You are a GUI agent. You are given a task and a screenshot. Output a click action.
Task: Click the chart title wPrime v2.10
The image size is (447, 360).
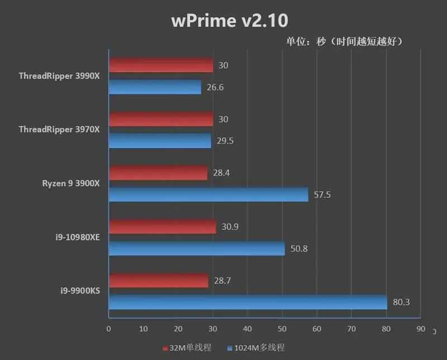tap(230, 21)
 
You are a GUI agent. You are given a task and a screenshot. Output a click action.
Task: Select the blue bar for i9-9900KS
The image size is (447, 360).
tap(248, 302)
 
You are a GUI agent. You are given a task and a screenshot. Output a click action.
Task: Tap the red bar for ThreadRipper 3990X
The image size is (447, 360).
tap(161, 65)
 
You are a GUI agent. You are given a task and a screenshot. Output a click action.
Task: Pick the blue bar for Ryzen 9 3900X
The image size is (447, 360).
tap(208, 194)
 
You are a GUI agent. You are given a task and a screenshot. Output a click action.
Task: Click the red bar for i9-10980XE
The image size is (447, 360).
tap(162, 227)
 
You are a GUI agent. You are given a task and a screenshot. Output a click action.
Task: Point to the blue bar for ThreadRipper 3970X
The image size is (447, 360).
tap(160, 141)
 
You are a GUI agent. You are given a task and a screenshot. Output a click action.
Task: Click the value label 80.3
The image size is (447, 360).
tap(402, 302)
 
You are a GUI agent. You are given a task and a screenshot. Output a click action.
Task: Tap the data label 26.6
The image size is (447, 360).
tap(215, 87)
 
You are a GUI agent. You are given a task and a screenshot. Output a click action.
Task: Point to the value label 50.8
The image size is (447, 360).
tap(299, 248)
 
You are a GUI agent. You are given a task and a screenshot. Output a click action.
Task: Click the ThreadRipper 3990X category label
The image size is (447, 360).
tap(59, 76)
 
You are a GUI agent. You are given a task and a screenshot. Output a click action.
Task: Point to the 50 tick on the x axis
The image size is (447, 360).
tap(282, 329)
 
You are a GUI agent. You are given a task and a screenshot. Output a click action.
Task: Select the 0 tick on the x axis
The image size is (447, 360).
tap(108, 329)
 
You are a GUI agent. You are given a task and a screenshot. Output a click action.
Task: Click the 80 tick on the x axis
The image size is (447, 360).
tap(386, 329)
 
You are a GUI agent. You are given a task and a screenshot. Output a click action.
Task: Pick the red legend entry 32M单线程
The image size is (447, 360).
tap(187, 348)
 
